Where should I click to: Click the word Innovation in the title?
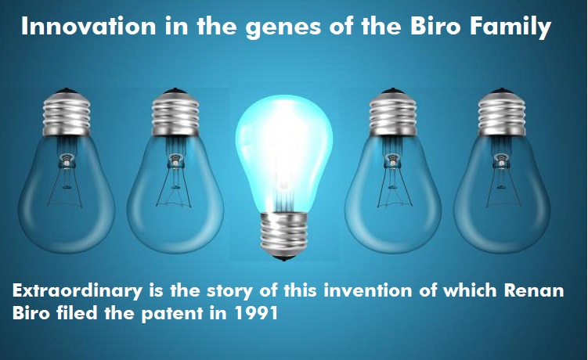pyautogui.click(x=88, y=27)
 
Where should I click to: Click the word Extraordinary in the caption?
pyautogui.click(x=78, y=291)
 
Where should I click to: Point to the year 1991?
pyautogui.click(x=256, y=313)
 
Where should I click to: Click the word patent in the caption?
pyautogui.click(x=172, y=314)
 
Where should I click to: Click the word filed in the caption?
pyautogui.click(x=78, y=313)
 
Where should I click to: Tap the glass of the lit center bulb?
pyautogui.click(x=284, y=154)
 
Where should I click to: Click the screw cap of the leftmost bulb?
pyautogui.click(x=67, y=112)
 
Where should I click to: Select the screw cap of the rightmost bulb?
pyautogui.click(x=502, y=112)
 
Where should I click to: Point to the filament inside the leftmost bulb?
pyautogui.click(x=66, y=180)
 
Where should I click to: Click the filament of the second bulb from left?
pyautogui.click(x=174, y=180)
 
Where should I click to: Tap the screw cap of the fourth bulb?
pyautogui.click(x=393, y=112)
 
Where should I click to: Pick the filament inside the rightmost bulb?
pyautogui.click(x=503, y=180)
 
